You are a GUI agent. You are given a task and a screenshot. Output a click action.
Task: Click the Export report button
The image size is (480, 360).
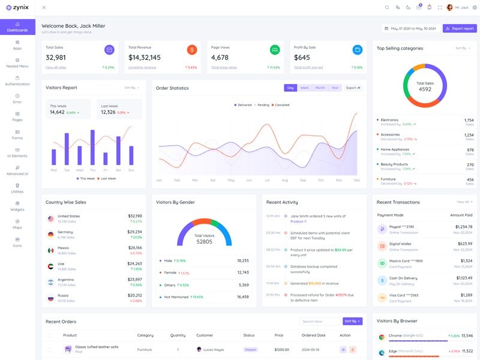tap(460, 28)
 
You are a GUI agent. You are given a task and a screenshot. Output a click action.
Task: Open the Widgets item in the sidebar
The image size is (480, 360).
tap(17, 206)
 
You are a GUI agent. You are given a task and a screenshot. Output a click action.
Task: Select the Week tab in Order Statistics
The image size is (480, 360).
tap(305, 88)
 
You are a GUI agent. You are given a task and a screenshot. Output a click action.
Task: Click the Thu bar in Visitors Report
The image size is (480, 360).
tap(92, 147)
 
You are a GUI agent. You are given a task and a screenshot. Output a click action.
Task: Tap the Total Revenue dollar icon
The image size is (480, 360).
tap(192, 50)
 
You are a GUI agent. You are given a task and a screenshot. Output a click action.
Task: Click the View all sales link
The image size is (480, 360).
tap(56, 67)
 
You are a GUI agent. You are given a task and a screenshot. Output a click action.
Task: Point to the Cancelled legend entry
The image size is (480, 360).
tap(280, 105)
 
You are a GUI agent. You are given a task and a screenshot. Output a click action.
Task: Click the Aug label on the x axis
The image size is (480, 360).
tap(285, 180)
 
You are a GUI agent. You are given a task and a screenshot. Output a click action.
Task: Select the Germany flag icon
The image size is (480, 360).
tap(50, 235)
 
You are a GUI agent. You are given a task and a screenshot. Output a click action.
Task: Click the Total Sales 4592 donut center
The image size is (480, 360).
tap(425, 86)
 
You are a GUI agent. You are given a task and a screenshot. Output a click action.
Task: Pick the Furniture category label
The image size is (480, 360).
tap(388, 179)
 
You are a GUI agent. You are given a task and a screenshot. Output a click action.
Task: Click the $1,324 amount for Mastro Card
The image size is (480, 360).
tap(466, 261)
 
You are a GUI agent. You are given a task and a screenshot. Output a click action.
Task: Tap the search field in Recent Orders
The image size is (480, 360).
tap(319, 322)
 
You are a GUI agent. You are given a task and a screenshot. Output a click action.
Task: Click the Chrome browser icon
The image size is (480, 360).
tap(382, 337)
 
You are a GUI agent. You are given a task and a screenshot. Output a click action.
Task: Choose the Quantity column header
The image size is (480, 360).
tap(178, 335)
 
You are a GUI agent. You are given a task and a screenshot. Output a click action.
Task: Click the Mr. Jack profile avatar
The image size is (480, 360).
tap(450, 8)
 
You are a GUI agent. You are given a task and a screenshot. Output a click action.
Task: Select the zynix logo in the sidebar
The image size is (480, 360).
tap(17, 8)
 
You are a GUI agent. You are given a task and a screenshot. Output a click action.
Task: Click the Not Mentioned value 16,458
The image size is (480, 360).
tap(243, 296)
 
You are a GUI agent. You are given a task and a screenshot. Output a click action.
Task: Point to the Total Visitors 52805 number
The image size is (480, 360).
tap(204, 241)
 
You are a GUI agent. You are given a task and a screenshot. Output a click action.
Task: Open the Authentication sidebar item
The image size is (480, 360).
tap(17, 80)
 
